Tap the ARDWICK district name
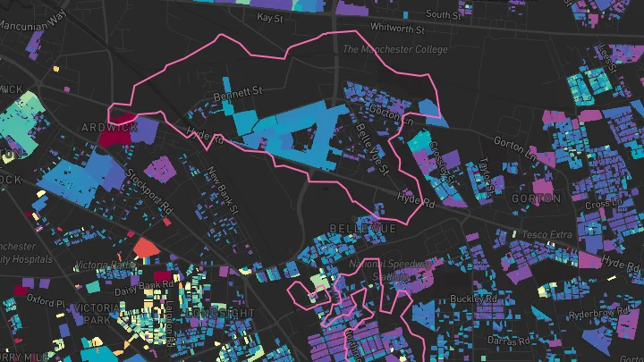click(x=109, y=127)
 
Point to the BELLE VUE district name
click(x=362, y=230)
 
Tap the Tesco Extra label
click(x=546, y=235)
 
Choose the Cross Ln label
click(x=602, y=205)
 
